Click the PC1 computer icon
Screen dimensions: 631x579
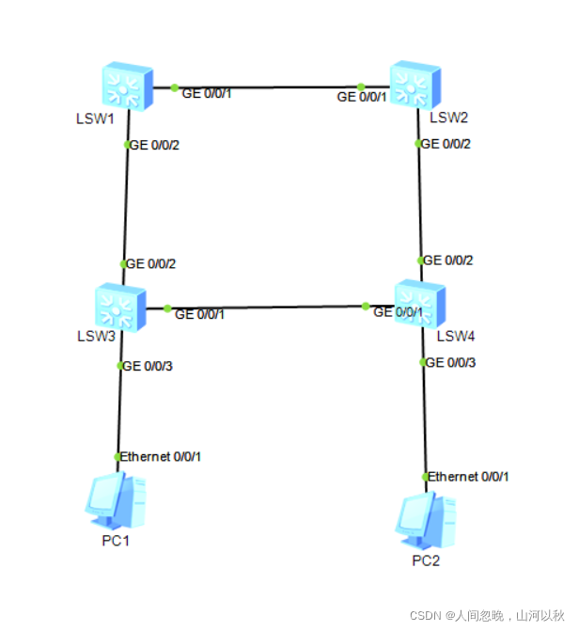(116, 504)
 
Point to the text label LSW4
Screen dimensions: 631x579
(456, 336)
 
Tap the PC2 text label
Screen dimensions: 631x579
(426, 561)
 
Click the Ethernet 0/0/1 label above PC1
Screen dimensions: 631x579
(161, 457)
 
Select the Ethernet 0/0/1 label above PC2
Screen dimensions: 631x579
(469, 477)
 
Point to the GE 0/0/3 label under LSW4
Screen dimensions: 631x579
(450, 362)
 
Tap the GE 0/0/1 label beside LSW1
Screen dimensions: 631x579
(205, 93)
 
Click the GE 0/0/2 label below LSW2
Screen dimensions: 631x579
(446, 144)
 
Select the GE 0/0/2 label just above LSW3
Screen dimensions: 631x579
(150, 264)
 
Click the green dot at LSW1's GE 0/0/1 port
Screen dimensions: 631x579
(175, 87)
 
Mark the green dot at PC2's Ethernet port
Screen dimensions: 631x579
(426, 477)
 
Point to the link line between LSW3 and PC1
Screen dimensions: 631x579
(118, 414)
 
